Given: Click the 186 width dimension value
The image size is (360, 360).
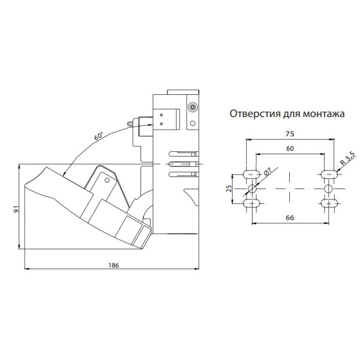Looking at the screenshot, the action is pos(113,265).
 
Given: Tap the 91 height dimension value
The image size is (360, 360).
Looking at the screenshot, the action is pos(16,209).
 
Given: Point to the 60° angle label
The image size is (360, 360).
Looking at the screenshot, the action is pos(98,136).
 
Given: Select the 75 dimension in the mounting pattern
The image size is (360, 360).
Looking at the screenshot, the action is pos(290,134).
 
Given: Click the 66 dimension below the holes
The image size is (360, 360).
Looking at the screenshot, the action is pos(290,217).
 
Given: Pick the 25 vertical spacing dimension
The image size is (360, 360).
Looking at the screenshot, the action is pos(229,188).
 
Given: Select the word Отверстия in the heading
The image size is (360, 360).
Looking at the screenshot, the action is pos(255,113).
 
